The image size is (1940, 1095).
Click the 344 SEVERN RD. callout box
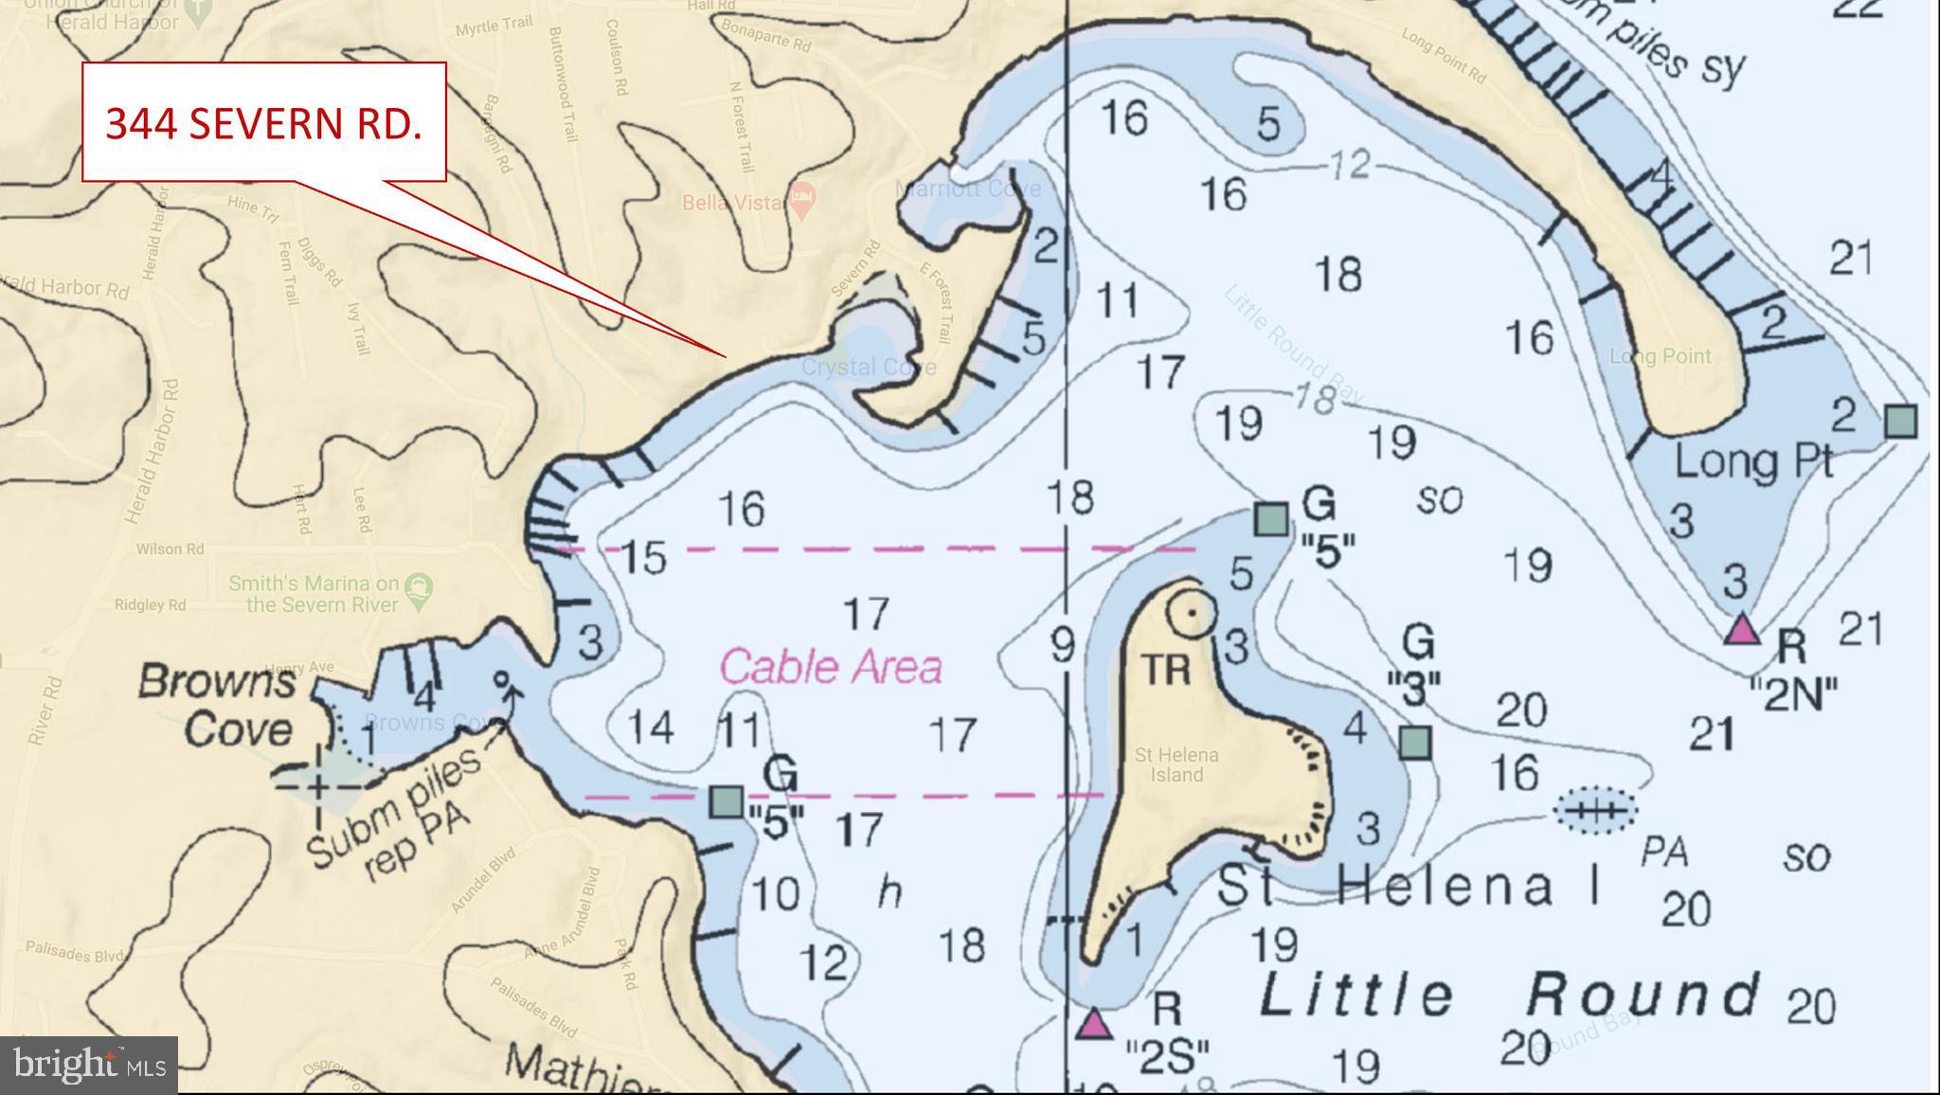(263, 122)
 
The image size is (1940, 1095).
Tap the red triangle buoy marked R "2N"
(1741, 630)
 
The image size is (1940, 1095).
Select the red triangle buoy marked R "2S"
(1094, 1025)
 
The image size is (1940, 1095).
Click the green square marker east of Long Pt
(1900, 421)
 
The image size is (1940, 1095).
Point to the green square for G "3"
(1414, 742)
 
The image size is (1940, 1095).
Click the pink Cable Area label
(831, 667)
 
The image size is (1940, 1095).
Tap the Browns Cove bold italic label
(218, 706)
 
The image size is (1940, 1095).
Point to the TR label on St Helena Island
(1165, 670)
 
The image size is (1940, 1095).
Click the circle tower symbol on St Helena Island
(1192, 614)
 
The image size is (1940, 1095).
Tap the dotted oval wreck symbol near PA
(1595, 811)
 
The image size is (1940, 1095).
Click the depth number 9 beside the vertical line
(1062, 646)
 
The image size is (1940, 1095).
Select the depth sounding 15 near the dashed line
(643, 558)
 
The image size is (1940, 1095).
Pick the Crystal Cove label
(868, 368)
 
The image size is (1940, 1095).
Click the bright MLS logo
(89, 1065)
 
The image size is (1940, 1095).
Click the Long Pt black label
(1753, 461)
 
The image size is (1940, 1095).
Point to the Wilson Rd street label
(170, 548)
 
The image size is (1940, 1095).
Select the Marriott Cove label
(967, 188)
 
